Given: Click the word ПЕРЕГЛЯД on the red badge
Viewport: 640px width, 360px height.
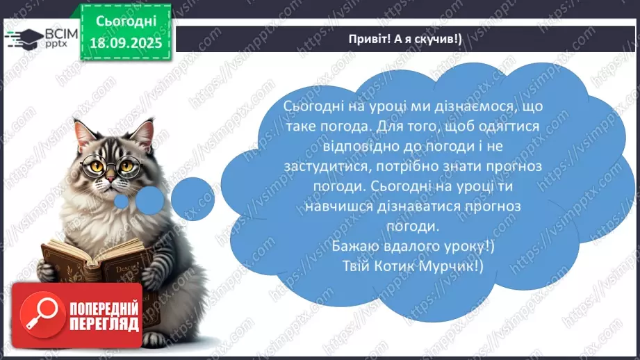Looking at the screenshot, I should point(104,324).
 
